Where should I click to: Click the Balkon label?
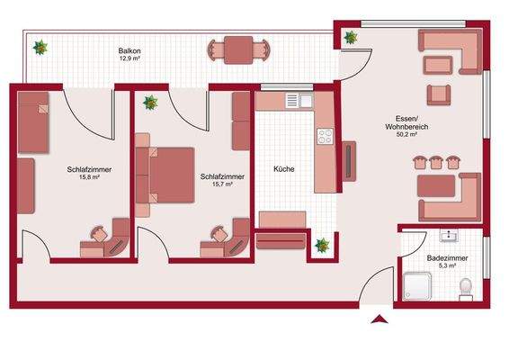click(x=129, y=51)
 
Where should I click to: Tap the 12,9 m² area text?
click(x=129, y=59)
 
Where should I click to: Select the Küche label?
click(x=284, y=168)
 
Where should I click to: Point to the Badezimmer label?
click(x=446, y=258)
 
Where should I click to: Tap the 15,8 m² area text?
click(x=87, y=177)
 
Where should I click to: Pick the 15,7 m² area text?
click(x=221, y=184)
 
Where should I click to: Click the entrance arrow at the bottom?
click(x=380, y=319)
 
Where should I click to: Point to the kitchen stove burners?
click(x=325, y=138)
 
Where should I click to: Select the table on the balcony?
click(x=238, y=49)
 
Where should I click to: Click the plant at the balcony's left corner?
click(x=39, y=44)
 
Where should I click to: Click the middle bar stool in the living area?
click(x=435, y=162)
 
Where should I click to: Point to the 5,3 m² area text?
click(x=446, y=266)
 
